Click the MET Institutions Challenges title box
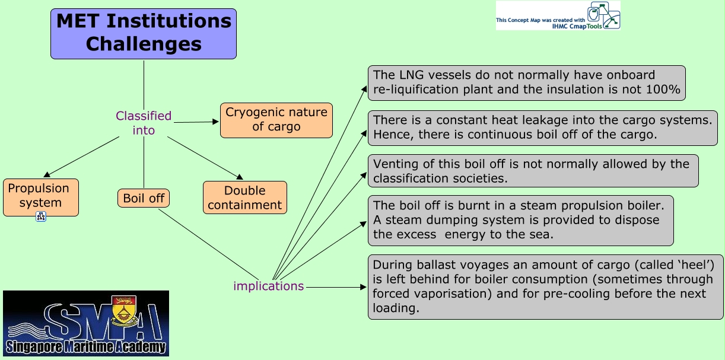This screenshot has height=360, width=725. [144, 33]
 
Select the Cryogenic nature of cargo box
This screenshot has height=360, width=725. [276, 120]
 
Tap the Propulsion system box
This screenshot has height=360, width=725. [40, 196]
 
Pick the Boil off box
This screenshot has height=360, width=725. [144, 198]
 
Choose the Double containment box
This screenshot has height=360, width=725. [244, 197]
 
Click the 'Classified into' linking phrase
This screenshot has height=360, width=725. [144, 123]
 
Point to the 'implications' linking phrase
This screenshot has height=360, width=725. [268, 286]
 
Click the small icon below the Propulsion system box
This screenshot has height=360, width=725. [41, 216]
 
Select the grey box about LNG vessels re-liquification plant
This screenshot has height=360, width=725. [526, 83]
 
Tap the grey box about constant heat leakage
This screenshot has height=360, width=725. [542, 128]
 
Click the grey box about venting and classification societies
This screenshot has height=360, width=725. [533, 171]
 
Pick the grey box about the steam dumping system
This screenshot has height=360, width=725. [520, 220]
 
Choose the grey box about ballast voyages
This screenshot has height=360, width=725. [545, 286]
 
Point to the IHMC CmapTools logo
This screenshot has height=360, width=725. [558, 15]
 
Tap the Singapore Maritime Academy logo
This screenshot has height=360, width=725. [86, 323]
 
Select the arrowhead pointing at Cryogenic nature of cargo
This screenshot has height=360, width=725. [216, 122]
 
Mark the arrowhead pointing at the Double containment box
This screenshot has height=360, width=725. [240, 177]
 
